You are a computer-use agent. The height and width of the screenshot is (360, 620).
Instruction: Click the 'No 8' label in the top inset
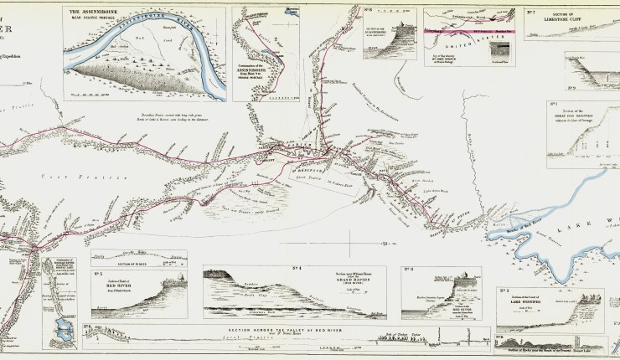(369, 11)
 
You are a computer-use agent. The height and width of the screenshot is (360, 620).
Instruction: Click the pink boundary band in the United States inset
(469, 31)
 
